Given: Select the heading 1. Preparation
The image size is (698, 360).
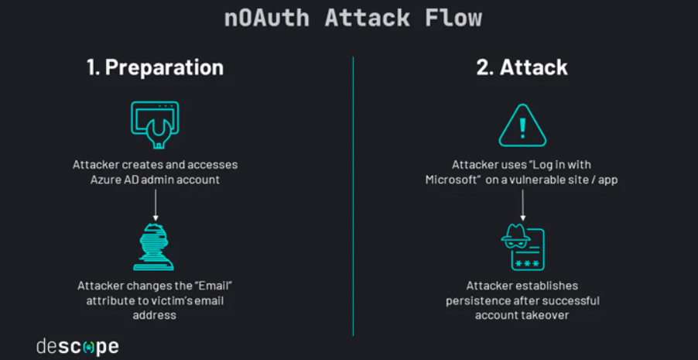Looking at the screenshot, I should point(155,67).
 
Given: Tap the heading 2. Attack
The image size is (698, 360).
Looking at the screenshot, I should point(522,67).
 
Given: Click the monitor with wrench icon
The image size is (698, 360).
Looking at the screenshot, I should point(155,125).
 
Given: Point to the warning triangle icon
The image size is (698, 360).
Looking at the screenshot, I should point(522,125).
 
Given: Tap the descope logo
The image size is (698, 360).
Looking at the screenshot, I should point(77,346).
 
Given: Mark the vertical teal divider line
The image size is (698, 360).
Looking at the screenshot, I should point(353,194).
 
